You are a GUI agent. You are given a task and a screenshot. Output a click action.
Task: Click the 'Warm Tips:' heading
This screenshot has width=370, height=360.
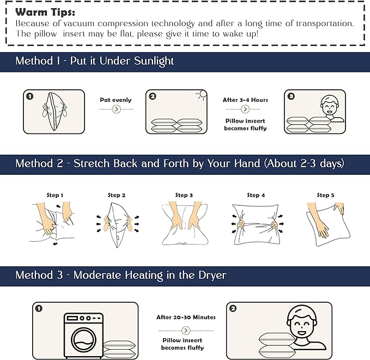coord(45,12)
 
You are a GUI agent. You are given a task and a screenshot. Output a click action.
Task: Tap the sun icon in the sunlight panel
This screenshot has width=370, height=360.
coord(202,95)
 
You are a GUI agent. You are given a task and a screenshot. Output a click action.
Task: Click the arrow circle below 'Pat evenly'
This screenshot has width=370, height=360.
coord(116,109)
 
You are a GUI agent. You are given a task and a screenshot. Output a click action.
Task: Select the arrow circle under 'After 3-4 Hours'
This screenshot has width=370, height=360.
coord(245,109)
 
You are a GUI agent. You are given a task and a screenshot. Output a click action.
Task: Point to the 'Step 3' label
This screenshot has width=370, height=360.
coord(184,195)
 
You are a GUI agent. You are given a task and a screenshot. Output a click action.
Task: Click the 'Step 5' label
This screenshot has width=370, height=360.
coord(325,195)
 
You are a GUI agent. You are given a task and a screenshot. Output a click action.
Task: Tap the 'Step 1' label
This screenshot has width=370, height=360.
coord(54,195)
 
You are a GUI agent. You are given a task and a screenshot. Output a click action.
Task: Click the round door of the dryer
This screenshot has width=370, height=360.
coord(83,340)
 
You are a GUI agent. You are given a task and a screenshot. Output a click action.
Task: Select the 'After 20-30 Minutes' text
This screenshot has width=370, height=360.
coord(186,318)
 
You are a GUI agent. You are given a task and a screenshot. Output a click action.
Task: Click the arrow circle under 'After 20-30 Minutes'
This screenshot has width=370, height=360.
coord(186,331)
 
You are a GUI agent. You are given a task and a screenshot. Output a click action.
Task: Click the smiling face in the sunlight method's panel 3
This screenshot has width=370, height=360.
coord(330,106)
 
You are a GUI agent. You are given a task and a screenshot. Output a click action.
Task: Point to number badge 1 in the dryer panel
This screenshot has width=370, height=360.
coord(39,308)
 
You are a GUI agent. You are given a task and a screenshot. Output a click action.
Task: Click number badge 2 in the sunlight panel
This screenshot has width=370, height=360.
coord(153,96)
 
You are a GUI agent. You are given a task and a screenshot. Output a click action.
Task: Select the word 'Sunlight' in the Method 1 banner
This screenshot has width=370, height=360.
coord(154,61)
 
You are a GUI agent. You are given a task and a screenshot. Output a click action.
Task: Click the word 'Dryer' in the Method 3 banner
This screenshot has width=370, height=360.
coord(212,275)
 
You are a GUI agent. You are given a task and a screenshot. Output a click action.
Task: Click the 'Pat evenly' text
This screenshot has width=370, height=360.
coord(116,100)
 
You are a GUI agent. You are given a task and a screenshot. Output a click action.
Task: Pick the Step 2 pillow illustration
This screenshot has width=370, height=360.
coord(117,225)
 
